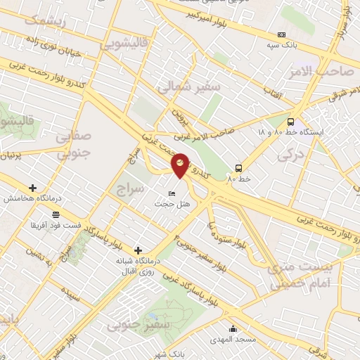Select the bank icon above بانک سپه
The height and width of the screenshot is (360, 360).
click(282, 34)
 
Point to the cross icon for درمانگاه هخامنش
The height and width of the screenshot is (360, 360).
click(32, 188)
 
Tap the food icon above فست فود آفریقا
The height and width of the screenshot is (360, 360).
click(56, 214)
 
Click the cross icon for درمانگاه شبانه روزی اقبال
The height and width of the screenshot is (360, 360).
click(138, 250)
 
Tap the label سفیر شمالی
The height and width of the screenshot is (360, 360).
click(179, 88)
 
